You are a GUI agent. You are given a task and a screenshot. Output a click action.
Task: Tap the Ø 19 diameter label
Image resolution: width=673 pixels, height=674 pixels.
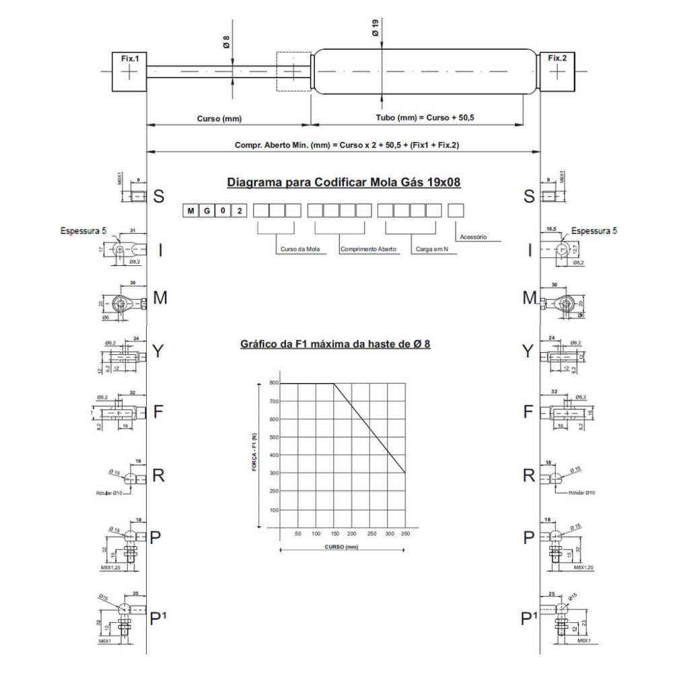coord(375,28)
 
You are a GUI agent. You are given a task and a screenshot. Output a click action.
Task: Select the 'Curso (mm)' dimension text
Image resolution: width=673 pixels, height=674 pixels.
coord(219,119)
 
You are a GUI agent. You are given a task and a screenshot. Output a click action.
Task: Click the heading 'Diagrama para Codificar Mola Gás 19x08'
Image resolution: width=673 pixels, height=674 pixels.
coord(344,182)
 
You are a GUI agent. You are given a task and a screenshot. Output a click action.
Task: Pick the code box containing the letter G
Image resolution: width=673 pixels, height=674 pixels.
coord(207,211)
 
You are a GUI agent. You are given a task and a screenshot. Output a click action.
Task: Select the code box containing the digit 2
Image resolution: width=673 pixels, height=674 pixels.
coord(239,211)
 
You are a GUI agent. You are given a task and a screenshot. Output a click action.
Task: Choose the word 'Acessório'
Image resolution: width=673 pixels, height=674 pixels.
coord(472,237)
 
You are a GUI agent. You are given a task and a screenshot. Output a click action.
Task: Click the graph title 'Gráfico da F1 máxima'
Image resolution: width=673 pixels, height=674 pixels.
coord(335,344)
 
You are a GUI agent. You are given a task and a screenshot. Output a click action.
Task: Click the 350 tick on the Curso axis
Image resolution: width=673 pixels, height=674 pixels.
coord(404,533)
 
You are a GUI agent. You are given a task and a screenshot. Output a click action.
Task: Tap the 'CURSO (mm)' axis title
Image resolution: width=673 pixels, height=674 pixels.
coord(341,547)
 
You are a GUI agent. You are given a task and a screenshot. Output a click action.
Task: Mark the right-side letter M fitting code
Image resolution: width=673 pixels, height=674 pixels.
coord(530,298)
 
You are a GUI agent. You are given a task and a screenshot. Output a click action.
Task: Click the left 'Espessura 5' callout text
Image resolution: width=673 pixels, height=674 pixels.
coord(83,231)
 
